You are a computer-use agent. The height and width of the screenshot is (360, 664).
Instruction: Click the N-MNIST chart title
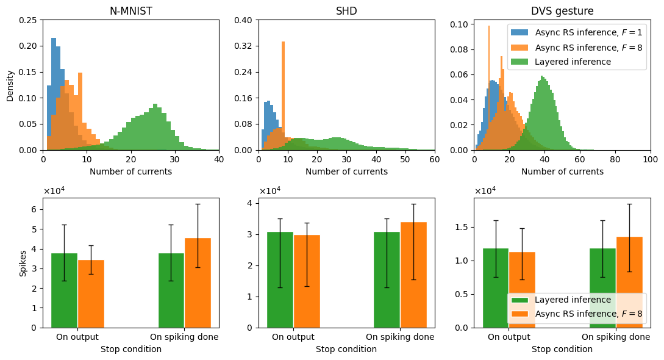(131, 11)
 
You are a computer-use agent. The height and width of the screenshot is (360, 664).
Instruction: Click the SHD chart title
(346, 11)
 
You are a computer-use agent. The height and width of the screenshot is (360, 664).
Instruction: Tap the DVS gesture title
(562, 11)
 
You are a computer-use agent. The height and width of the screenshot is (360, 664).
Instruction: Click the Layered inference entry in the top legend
(573, 62)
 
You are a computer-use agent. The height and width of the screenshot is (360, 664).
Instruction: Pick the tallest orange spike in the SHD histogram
(283, 92)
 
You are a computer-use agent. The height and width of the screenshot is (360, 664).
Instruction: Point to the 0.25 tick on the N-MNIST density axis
(30, 20)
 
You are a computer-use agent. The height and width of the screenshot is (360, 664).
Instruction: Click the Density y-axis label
(10, 85)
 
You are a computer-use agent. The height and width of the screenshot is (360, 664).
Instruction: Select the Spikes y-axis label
(23, 262)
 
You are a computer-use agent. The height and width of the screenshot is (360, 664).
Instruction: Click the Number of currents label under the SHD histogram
(346, 171)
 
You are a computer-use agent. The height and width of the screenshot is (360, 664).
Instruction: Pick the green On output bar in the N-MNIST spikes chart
(64, 290)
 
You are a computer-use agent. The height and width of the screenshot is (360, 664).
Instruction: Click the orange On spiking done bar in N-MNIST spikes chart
(198, 283)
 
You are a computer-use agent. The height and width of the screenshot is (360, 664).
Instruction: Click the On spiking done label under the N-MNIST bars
(184, 337)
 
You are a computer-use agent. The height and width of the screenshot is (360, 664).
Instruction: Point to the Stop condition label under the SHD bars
(346, 349)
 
